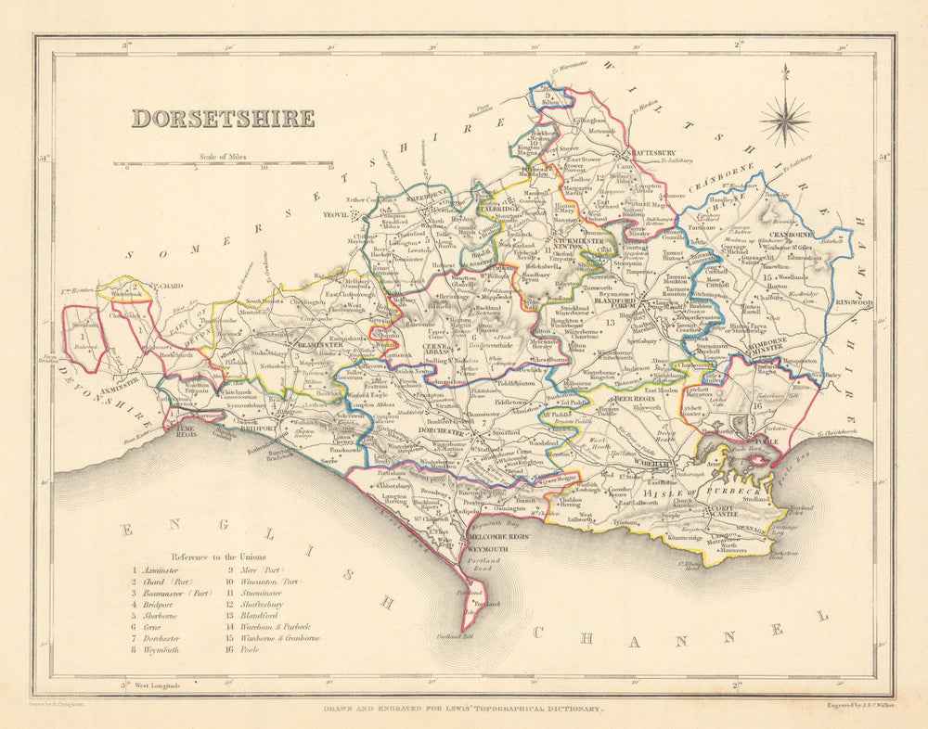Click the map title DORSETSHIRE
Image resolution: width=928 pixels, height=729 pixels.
223,119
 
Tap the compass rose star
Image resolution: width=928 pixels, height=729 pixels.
784,120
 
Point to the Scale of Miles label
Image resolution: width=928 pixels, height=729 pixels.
223,158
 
